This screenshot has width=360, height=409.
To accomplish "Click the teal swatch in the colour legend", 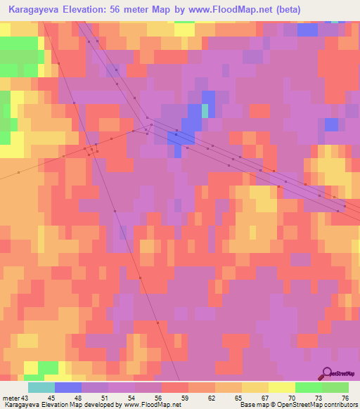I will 41,387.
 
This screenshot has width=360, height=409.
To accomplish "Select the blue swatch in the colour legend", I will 67,387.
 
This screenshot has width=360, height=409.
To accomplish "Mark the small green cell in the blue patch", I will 205,111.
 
